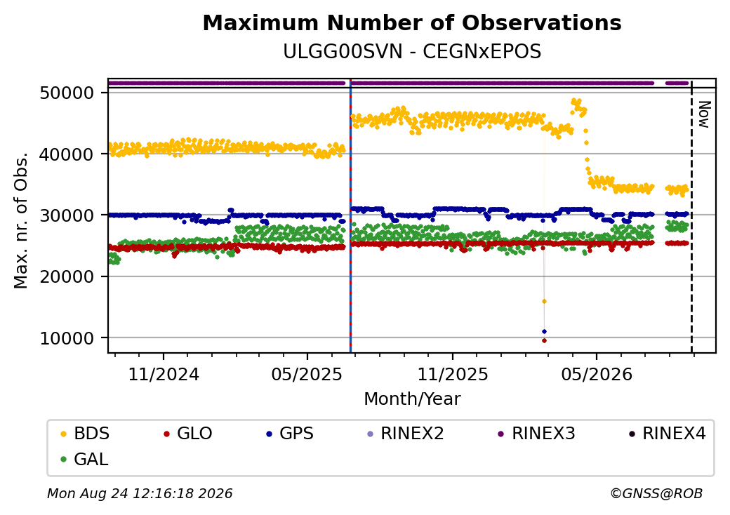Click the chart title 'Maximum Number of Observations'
click(412, 22)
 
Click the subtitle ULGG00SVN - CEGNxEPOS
click(412, 52)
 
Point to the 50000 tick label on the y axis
click(67, 93)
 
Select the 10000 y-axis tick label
click(67, 338)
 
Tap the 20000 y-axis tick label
click(67, 277)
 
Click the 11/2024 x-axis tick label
click(164, 374)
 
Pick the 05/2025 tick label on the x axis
click(307, 374)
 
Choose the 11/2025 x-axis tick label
click(453, 374)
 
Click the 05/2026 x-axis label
click(597, 374)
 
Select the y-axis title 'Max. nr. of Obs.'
click(21, 220)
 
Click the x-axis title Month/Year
click(412, 399)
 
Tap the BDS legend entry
click(85, 434)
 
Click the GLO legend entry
click(188, 434)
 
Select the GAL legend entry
click(85, 459)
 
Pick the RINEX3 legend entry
click(537, 434)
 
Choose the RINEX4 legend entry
click(667, 434)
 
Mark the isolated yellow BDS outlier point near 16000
click(544, 302)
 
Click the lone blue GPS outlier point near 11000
click(544, 332)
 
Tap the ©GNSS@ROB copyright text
click(656, 493)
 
